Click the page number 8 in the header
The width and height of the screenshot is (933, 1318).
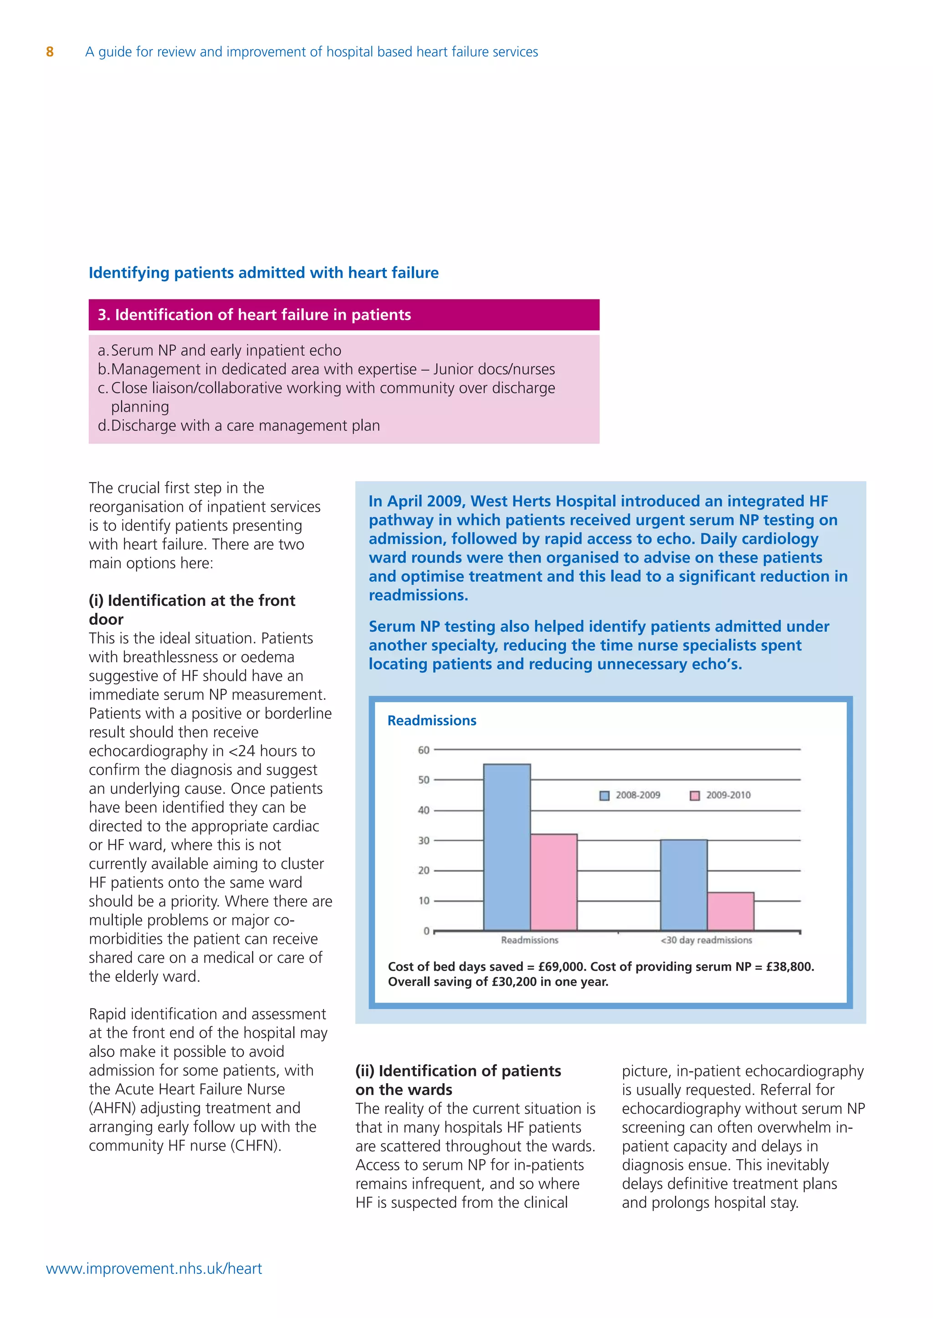pyautogui.click(x=50, y=52)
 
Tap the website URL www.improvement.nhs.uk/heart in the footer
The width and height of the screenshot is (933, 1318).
pyautogui.click(x=154, y=1268)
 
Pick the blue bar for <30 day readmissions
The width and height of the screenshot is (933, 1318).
pyautogui.click(x=684, y=885)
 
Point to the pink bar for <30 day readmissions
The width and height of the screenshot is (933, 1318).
pyautogui.click(x=731, y=911)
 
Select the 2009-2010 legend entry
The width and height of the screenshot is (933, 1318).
pyautogui.click(x=721, y=795)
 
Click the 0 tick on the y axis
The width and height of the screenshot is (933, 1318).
pyautogui.click(x=426, y=931)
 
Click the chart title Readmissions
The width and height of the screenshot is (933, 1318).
pyautogui.click(x=432, y=720)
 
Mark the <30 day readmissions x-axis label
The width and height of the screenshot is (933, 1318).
pyautogui.click(x=706, y=940)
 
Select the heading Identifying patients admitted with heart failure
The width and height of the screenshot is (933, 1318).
pyautogui.click(x=264, y=273)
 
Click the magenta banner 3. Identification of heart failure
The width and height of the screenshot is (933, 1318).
pyautogui.click(x=343, y=314)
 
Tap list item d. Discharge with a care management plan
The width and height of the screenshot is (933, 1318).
pyautogui.click(x=239, y=426)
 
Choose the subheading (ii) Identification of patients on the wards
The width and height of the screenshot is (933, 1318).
pyautogui.click(x=458, y=1080)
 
